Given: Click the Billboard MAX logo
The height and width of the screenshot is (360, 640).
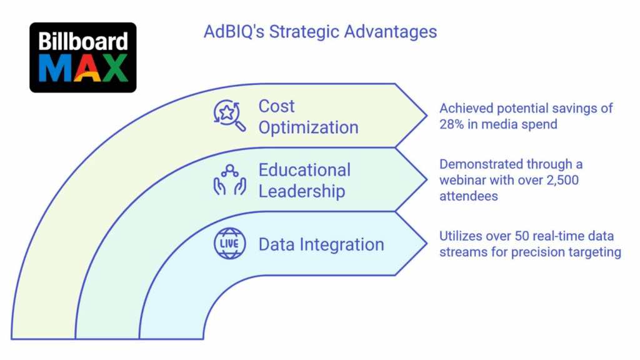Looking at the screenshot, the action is coord(83,57).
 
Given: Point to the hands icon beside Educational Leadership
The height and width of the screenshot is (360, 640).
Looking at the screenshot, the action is coord(230,180).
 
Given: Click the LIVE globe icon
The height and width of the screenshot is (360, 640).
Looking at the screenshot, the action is coord(230,244).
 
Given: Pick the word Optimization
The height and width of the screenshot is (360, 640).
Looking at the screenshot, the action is coord(309,127).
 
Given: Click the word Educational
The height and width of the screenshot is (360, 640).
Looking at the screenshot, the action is coord(304,170).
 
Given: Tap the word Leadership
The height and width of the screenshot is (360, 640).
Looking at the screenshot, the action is coord(302,191).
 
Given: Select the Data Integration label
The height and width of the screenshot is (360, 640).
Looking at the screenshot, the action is coord(322,244).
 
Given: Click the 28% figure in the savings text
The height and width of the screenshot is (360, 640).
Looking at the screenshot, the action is coord(452,124).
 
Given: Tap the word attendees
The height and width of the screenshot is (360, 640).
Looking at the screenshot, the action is coord(469,196).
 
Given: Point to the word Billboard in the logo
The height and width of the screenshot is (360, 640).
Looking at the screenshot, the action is coord(83,41).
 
